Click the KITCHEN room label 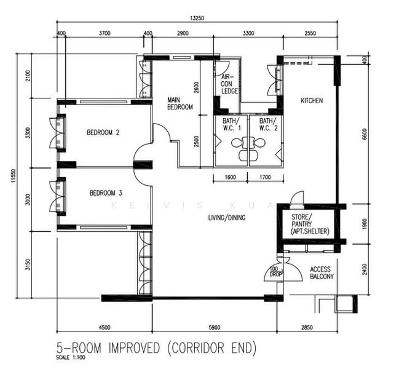pyautogui.click(x=312, y=100)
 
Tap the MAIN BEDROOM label pyautogui.click(x=180, y=103)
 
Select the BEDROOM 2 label pyautogui.click(x=103, y=132)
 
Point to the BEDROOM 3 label pyautogui.click(x=106, y=193)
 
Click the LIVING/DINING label pyautogui.click(x=227, y=218)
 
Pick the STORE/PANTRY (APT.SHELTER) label pyautogui.click(x=310, y=224)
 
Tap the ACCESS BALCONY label pyautogui.click(x=322, y=273)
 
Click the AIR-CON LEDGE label pyautogui.click(x=229, y=84)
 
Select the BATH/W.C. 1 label pyautogui.click(x=232, y=124)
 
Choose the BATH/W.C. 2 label pyautogui.click(x=269, y=124)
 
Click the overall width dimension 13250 pyautogui.click(x=197, y=18)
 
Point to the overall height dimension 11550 pyautogui.click(x=14, y=176)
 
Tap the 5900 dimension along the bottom pyautogui.click(x=215, y=328)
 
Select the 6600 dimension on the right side pyautogui.click(x=365, y=134)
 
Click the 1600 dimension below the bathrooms pyautogui.click(x=230, y=177)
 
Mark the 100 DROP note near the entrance pyautogui.click(x=275, y=272)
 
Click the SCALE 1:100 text pyautogui.click(x=71, y=357)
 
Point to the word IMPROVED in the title pyautogui.click(x=134, y=348)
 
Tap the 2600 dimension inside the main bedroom pyautogui.click(x=197, y=87)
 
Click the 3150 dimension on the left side pyautogui.click(x=28, y=264)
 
